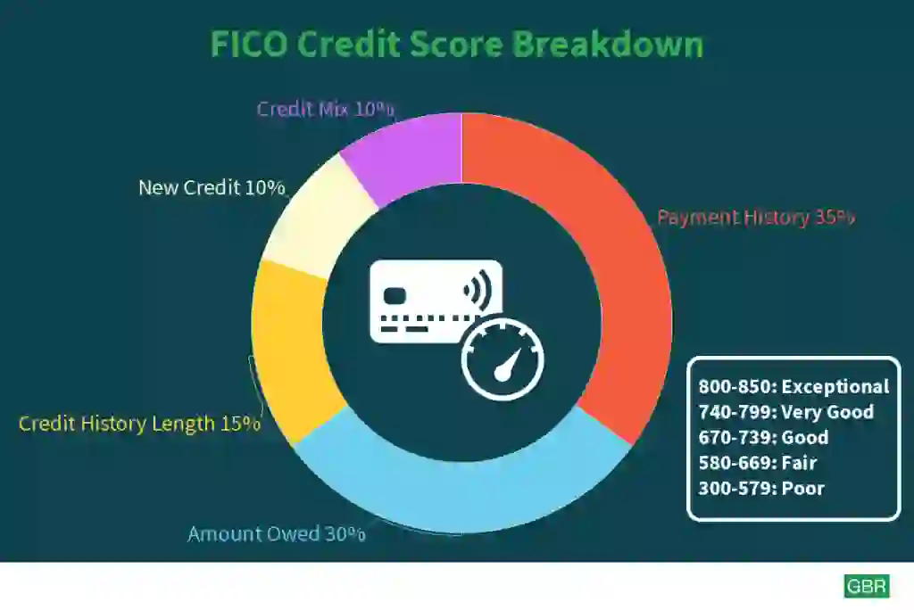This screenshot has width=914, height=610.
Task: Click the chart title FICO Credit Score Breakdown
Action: tap(457, 44)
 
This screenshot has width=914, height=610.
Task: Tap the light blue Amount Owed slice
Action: tap(461, 495)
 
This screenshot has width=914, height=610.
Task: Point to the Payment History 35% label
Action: tap(756, 218)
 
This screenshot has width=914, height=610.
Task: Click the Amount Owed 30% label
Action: tap(277, 533)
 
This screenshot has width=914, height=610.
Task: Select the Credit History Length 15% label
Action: tap(139, 424)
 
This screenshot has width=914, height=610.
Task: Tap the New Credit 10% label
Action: tap(212, 187)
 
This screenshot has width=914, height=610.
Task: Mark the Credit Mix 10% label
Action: tap(325, 109)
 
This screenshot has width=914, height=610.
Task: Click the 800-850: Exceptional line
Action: tap(794, 386)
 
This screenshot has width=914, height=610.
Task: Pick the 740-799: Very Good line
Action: tap(786, 412)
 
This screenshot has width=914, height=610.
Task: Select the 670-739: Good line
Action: tap(764, 437)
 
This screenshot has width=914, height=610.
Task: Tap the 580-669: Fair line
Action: tap(758, 463)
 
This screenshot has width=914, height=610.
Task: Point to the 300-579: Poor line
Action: tap(761, 488)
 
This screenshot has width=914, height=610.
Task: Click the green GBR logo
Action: tap(867, 586)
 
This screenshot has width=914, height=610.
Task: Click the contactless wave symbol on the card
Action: tap(478, 290)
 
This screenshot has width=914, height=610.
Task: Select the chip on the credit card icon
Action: tap(395, 296)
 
